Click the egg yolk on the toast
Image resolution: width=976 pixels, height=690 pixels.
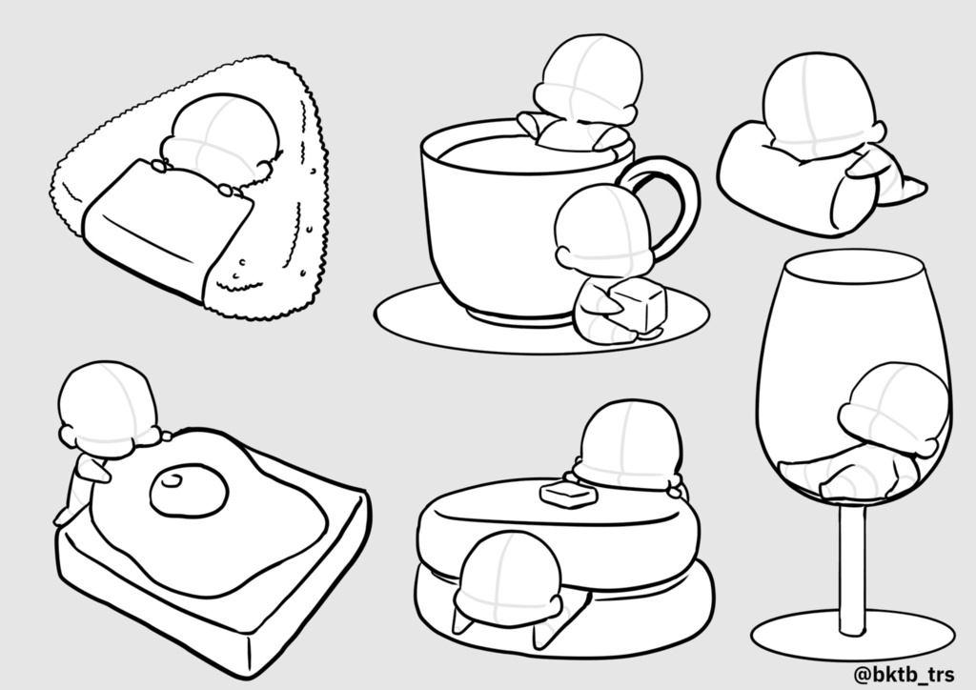point(189,490)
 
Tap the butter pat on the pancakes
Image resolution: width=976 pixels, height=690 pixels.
point(568,495)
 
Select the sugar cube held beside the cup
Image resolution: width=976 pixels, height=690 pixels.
point(640,303)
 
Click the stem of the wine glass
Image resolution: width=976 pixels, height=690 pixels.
point(852,569)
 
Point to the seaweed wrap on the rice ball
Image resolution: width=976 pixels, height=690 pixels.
point(168,227)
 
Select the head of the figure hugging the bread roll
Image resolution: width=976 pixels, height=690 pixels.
point(819,106)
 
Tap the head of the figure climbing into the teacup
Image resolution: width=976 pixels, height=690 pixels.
point(589,77)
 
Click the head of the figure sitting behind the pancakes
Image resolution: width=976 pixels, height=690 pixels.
point(630,443)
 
